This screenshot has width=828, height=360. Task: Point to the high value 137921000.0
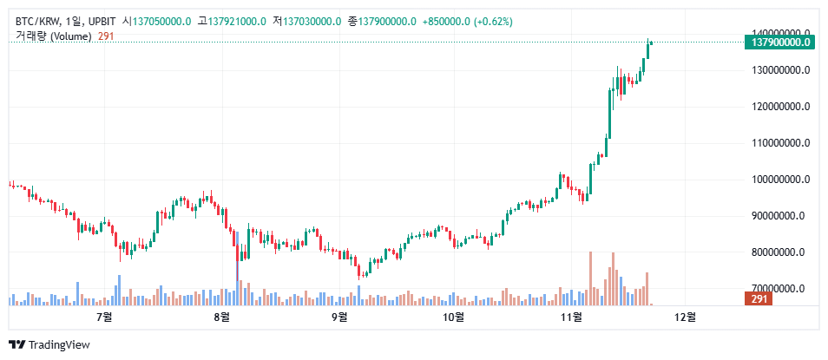point(237,21)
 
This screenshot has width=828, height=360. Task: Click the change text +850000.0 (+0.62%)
point(467,21)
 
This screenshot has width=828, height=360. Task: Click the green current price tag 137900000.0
point(779,42)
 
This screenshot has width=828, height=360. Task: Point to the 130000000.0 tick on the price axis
point(779,70)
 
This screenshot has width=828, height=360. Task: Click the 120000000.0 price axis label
point(779,107)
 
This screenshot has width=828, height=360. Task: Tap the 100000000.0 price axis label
point(779,180)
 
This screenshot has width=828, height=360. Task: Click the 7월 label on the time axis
point(106,317)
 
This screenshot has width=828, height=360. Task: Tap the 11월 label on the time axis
point(570,317)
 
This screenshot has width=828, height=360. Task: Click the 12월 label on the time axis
point(685,317)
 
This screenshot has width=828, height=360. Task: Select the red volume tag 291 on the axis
point(759,299)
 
